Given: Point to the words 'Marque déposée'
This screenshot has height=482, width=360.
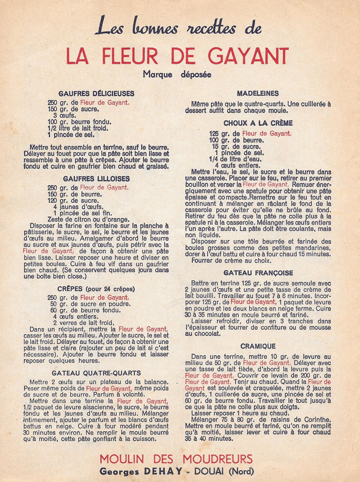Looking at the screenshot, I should coord(177,74).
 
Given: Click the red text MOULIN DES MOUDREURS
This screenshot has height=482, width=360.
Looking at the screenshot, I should coord(176,459).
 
